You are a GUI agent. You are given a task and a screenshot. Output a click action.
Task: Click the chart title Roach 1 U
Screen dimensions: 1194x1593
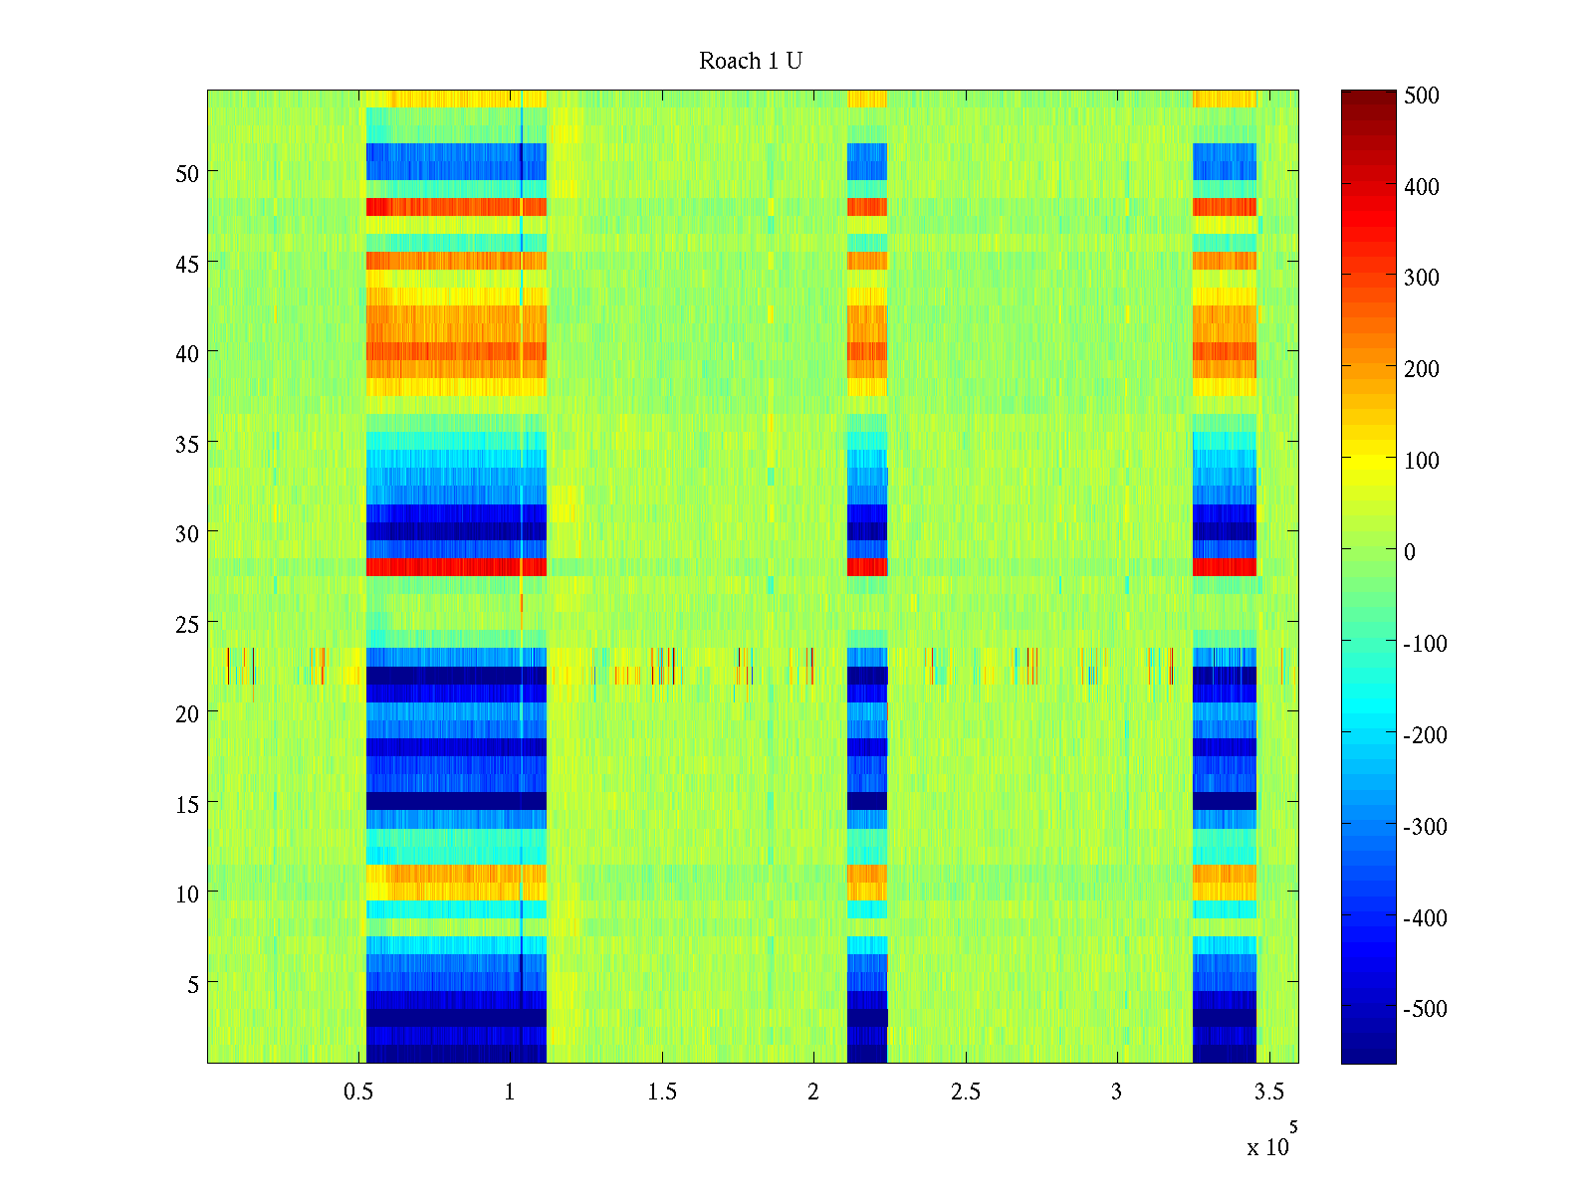(751, 62)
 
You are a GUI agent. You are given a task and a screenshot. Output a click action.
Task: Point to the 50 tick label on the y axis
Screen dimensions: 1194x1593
(187, 173)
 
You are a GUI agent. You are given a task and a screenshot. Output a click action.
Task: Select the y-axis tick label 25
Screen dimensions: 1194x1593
(187, 624)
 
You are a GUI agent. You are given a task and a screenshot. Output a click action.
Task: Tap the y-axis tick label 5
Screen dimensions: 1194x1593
(193, 984)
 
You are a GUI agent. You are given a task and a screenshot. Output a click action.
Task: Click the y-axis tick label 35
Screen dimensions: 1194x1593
(187, 444)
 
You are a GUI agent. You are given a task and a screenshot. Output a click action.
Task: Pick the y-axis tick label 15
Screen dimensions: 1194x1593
(187, 804)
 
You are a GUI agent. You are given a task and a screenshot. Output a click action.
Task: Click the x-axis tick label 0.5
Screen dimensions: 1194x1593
(358, 1093)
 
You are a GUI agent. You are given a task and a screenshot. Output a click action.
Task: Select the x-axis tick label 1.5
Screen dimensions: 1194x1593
(662, 1093)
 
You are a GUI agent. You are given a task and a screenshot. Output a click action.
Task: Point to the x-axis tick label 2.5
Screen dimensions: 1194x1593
(966, 1093)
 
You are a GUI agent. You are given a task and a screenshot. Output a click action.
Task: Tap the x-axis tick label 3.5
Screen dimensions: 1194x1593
(1269, 1093)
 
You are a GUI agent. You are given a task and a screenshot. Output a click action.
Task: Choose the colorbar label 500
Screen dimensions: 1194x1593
(1422, 97)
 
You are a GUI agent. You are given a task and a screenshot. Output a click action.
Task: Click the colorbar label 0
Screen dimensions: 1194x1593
(1410, 552)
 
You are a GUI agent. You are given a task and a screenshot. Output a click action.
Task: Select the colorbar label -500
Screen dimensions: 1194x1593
(1426, 1009)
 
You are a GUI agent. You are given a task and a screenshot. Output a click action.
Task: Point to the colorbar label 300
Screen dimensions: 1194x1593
(1422, 279)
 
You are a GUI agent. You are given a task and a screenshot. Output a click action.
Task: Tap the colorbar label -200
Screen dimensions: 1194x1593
(1426, 735)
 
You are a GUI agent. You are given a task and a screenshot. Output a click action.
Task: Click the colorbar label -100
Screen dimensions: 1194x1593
(1426, 644)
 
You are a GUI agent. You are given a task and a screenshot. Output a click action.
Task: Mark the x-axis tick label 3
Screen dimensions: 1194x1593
(1117, 1093)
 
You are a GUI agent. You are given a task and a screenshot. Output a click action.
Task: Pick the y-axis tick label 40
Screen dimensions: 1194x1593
(187, 353)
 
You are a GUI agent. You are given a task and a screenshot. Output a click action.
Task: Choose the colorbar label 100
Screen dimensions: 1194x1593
(1422, 461)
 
